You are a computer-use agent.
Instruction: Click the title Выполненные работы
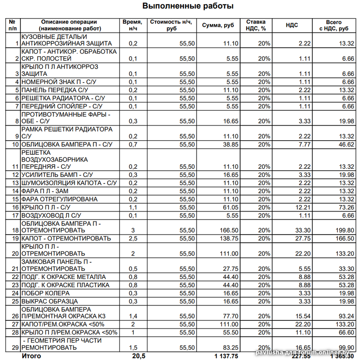click(x=188, y=6)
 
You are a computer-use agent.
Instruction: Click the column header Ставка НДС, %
click(x=256, y=25)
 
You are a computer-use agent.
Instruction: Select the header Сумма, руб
click(x=218, y=25)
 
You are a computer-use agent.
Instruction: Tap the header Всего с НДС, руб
click(x=334, y=25)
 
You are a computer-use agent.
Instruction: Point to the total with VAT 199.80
click(x=344, y=230)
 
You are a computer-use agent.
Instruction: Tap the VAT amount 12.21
click(x=302, y=207)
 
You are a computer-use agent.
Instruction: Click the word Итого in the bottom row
click(x=31, y=356)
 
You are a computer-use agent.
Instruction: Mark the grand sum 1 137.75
click(x=226, y=356)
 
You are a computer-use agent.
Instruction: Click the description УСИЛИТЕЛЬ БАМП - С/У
click(x=57, y=175)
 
